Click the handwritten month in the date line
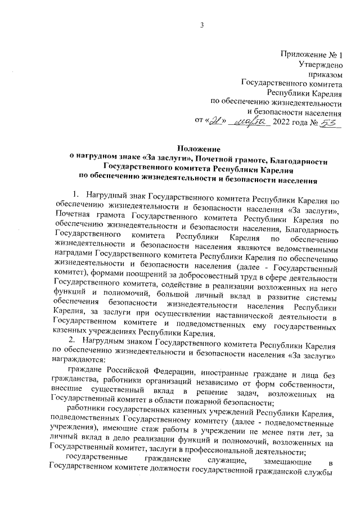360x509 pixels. pos(250,122)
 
